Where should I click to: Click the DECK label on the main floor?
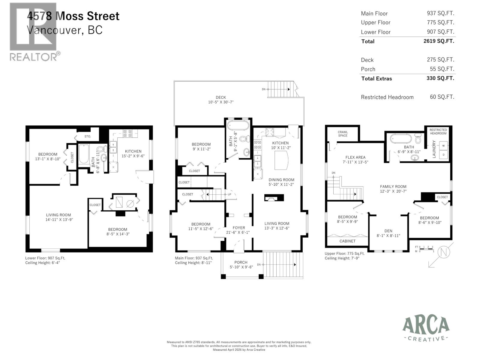[221, 97]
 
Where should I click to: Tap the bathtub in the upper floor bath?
[401, 139]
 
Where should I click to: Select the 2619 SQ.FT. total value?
[439, 41]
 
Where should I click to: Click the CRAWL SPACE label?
[343, 134]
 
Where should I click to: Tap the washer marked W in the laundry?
[443, 145]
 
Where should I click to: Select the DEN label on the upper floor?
[388, 231]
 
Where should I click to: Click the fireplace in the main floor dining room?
[274, 198]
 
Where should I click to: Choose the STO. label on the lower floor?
[88, 136]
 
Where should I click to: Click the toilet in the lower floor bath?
[101, 149]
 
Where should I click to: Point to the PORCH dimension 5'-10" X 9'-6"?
[241, 267]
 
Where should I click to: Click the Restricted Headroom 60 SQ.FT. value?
[442, 97]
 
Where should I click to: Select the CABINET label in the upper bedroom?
[347, 241]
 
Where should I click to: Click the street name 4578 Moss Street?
[73, 16]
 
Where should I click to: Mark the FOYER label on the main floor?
[239, 228]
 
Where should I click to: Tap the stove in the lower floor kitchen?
[127, 133]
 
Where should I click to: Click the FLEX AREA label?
[355, 157]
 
